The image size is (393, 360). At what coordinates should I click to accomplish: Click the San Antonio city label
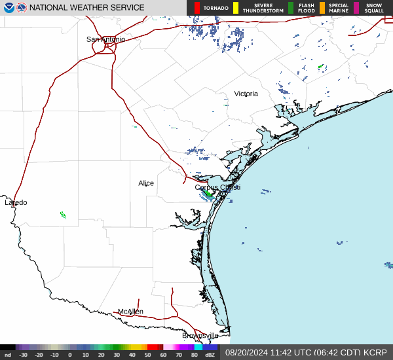(105, 39)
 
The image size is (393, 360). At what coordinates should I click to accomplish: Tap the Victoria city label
(246, 94)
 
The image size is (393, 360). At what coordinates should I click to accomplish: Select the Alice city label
(146, 183)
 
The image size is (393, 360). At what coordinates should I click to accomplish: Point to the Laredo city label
(16, 202)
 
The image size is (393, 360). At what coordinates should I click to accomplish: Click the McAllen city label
(130, 312)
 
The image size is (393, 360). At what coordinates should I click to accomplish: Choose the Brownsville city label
(200, 335)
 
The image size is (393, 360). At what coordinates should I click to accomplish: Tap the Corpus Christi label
(217, 187)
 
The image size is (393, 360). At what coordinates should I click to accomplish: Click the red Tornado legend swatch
(197, 8)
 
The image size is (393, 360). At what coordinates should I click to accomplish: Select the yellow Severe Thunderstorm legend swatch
(236, 8)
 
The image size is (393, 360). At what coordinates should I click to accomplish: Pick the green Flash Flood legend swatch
(291, 8)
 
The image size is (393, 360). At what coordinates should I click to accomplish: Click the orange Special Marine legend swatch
(322, 8)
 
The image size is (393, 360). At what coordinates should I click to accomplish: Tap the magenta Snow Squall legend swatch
(356, 8)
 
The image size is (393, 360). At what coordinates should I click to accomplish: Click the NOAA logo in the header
(8, 8)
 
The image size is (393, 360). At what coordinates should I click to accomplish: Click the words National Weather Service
(86, 8)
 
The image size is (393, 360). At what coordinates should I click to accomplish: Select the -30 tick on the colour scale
(24, 355)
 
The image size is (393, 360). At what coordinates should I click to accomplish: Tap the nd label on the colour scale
(7, 355)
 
